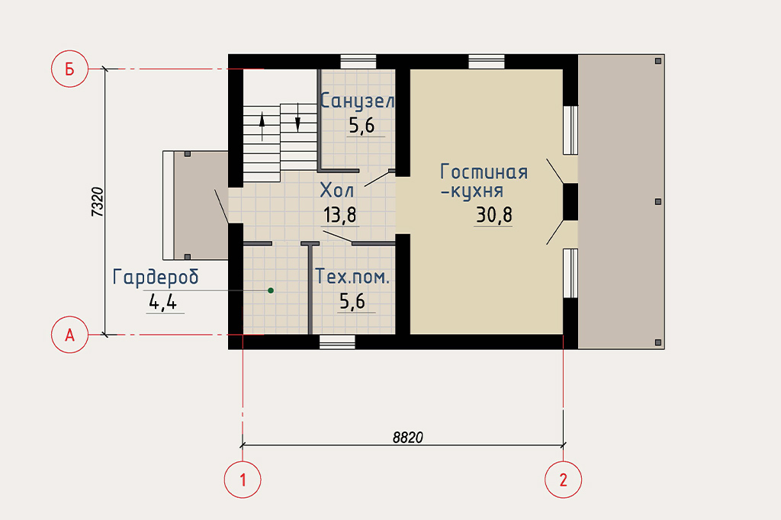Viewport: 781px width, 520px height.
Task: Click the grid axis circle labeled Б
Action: click(x=69, y=69)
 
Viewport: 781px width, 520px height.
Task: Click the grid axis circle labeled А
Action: click(x=69, y=335)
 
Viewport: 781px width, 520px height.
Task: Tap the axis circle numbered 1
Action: click(x=243, y=480)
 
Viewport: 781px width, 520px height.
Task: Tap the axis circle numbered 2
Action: click(x=564, y=480)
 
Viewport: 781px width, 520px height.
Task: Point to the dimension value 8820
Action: click(x=407, y=438)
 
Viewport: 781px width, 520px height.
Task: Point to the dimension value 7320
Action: click(x=98, y=202)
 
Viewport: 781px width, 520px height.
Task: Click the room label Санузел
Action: click(x=357, y=101)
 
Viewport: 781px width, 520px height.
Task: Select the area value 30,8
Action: click(x=493, y=215)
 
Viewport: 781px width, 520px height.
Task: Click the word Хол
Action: click(x=336, y=190)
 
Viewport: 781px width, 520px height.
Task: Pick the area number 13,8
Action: click(x=339, y=215)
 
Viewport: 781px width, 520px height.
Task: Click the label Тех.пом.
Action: click(x=352, y=277)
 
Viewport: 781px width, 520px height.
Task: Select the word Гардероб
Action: click(x=156, y=277)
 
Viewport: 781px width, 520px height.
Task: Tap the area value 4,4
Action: click(x=163, y=302)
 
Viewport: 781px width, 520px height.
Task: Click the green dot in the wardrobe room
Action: click(x=271, y=290)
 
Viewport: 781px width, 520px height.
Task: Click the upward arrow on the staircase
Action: click(x=262, y=127)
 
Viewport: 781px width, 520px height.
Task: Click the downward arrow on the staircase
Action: click(x=298, y=117)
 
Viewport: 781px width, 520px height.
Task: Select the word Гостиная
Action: click(x=484, y=172)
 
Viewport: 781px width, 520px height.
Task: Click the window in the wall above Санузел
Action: click(x=358, y=62)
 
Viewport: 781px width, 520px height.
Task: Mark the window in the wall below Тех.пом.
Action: click(x=337, y=342)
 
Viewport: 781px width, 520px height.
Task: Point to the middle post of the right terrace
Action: click(x=658, y=202)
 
